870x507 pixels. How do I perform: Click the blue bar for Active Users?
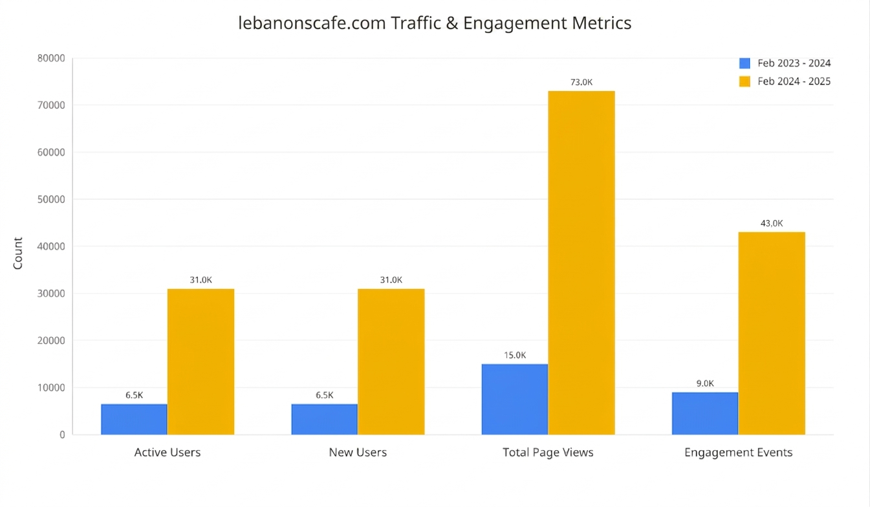134,419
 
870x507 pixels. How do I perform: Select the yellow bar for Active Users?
201,361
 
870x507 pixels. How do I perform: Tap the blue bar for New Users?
324,419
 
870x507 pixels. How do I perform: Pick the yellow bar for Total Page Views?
582,263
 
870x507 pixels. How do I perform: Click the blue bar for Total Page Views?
515,400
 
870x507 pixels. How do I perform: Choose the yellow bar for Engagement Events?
772,334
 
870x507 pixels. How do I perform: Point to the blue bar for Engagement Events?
705,413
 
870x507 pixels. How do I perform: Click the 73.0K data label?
582,82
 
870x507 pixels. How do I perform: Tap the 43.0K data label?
772,223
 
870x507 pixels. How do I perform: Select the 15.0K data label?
515,355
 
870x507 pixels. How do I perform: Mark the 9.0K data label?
705,383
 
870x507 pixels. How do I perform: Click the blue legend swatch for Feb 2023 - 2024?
745,63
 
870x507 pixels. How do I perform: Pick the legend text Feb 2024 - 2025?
794,81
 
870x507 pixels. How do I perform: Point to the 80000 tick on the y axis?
51,58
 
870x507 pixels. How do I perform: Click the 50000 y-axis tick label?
51,200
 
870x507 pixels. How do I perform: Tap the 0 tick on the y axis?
62,435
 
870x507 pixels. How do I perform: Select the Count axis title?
18,253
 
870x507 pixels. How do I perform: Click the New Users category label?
358,452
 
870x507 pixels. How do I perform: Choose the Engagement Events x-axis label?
738,453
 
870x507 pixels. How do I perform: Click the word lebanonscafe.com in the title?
312,23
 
